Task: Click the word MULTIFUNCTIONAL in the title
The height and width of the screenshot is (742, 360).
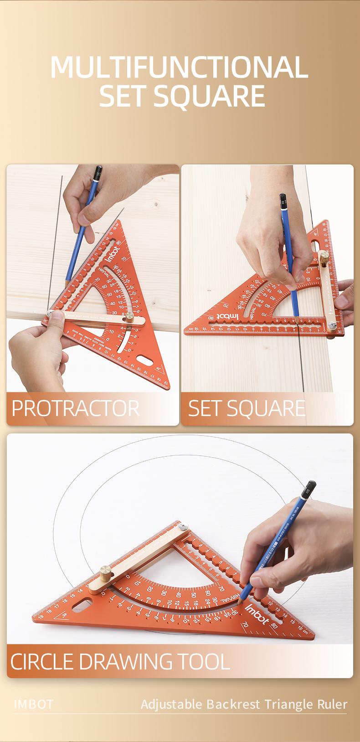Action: click(179, 67)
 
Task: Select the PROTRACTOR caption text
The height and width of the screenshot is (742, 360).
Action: click(76, 408)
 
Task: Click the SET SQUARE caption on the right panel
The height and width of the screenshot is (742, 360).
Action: click(247, 408)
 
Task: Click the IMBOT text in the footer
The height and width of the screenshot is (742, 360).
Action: click(34, 704)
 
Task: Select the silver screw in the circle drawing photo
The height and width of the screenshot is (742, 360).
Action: click(183, 526)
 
